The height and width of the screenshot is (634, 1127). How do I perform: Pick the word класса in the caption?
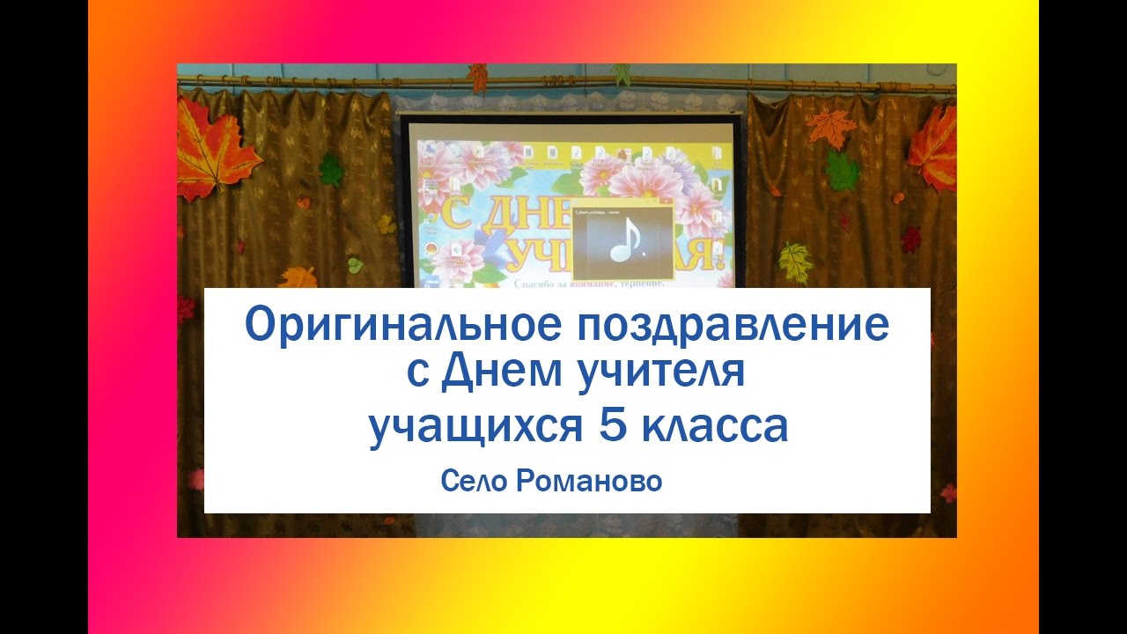(x=714, y=429)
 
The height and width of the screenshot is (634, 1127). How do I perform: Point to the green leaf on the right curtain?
(x=842, y=171)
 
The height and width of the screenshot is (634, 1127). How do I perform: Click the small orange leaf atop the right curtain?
(x=831, y=126)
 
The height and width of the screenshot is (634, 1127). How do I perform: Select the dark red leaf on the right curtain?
(x=911, y=238)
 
